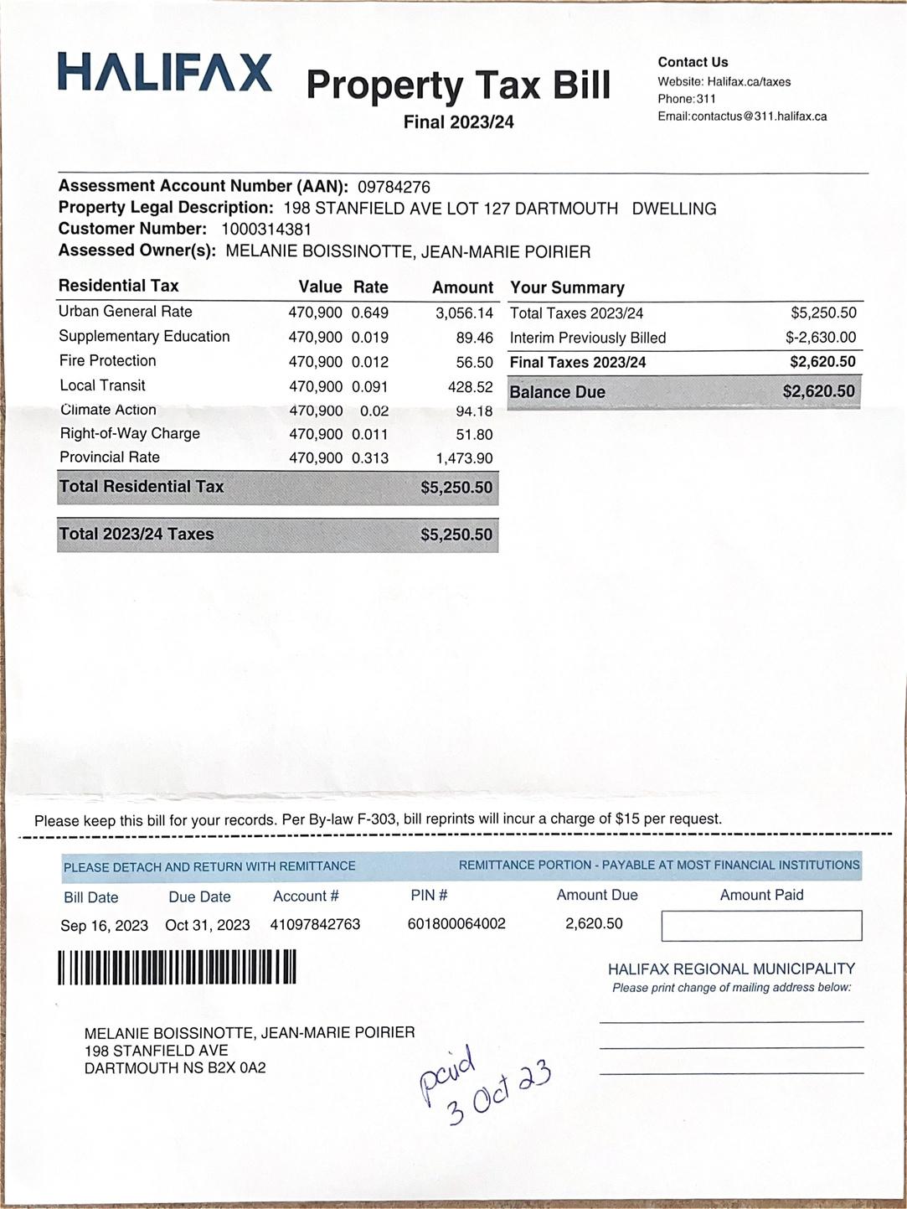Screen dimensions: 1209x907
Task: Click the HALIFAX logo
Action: click(165, 72)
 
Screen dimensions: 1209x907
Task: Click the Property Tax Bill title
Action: click(458, 85)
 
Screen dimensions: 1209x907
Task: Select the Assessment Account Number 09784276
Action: click(394, 187)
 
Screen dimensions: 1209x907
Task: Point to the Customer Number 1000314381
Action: click(266, 230)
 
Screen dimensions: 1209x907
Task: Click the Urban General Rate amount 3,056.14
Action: click(464, 313)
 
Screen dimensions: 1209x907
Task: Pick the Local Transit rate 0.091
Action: click(369, 386)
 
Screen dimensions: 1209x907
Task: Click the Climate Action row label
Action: click(108, 410)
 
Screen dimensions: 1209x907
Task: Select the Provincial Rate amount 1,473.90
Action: click(464, 458)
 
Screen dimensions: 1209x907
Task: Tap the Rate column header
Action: click(370, 287)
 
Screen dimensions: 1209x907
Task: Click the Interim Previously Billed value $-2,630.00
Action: click(820, 338)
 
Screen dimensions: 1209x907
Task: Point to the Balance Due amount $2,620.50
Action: click(818, 391)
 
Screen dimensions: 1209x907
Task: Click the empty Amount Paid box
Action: click(761, 926)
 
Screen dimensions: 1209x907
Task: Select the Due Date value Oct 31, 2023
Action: click(208, 925)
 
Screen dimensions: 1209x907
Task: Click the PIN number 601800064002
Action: click(456, 923)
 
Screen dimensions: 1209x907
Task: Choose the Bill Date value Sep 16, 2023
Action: click(104, 926)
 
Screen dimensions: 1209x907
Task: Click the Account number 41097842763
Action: click(315, 924)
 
